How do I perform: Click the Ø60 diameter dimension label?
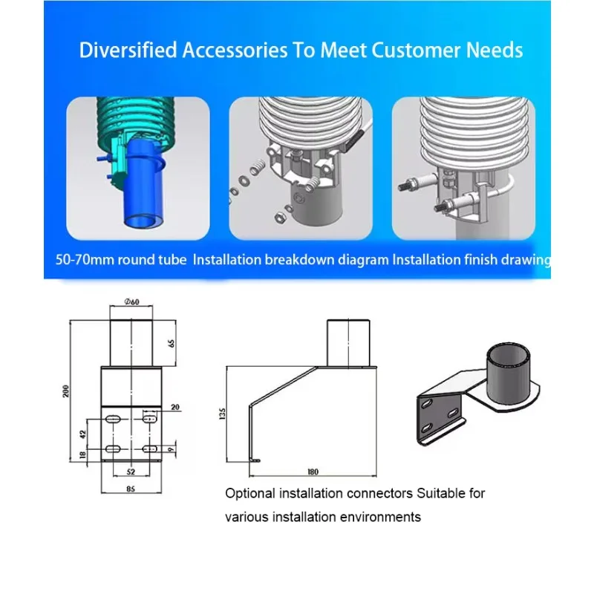coord(131,301)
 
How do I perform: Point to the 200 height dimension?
coord(66,391)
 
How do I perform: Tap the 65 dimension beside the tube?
coord(172,344)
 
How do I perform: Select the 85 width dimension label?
coord(131,489)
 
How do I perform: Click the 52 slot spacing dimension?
coord(131,471)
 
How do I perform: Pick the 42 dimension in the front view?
coord(83,434)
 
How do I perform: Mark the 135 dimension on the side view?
coord(222,414)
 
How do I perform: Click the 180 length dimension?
coord(313,471)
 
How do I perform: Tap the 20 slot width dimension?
coord(175,407)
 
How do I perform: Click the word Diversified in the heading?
coord(128,50)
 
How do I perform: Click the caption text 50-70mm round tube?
coord(121,260)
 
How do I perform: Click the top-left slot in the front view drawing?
coord(113,419)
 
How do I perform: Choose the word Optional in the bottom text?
coord(250,494)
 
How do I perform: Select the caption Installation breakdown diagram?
coord(291,260)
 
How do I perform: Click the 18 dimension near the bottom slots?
coord(83,455)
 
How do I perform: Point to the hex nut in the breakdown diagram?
coord(280,218)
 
